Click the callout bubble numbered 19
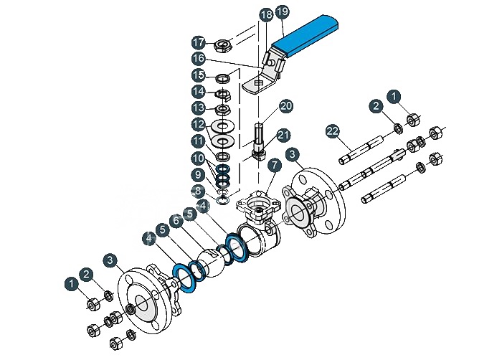pos(282,12)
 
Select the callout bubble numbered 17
pos(199,42)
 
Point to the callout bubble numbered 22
pos(333,131)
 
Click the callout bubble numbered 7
pos(275,166)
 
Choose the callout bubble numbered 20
pos(286,106)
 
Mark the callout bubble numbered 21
pos(283,136)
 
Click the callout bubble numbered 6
pos(176,221)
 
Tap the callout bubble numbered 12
pos(199,124)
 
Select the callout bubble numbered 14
pos(199,92)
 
